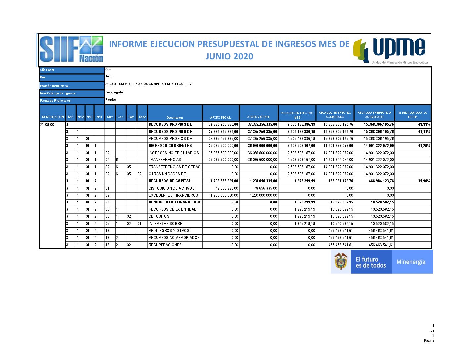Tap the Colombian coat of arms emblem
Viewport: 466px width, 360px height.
point(341,262)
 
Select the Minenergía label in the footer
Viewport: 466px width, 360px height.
point(411,262)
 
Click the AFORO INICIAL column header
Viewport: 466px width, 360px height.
point(220,117)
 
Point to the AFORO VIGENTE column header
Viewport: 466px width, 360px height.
point(258,117)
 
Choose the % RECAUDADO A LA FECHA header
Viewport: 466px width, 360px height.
point(413,115)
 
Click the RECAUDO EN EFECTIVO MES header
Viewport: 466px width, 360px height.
point(297,115)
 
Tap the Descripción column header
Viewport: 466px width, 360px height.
point(175,117)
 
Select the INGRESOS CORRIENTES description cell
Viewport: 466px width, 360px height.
point(170,146)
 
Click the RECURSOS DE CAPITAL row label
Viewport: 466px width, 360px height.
point(170,181)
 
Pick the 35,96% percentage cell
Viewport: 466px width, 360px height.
point(424,181)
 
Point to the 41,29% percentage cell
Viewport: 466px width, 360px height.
point(424,146)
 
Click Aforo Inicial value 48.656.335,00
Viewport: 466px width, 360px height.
point(227,188)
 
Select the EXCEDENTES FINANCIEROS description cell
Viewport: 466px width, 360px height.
point(173,195)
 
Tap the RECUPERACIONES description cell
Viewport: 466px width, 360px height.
point(165,245)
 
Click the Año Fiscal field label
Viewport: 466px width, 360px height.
point(47,70)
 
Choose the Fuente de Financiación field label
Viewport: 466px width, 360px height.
point(56,101)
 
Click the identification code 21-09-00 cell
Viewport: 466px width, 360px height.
point(47,125)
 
